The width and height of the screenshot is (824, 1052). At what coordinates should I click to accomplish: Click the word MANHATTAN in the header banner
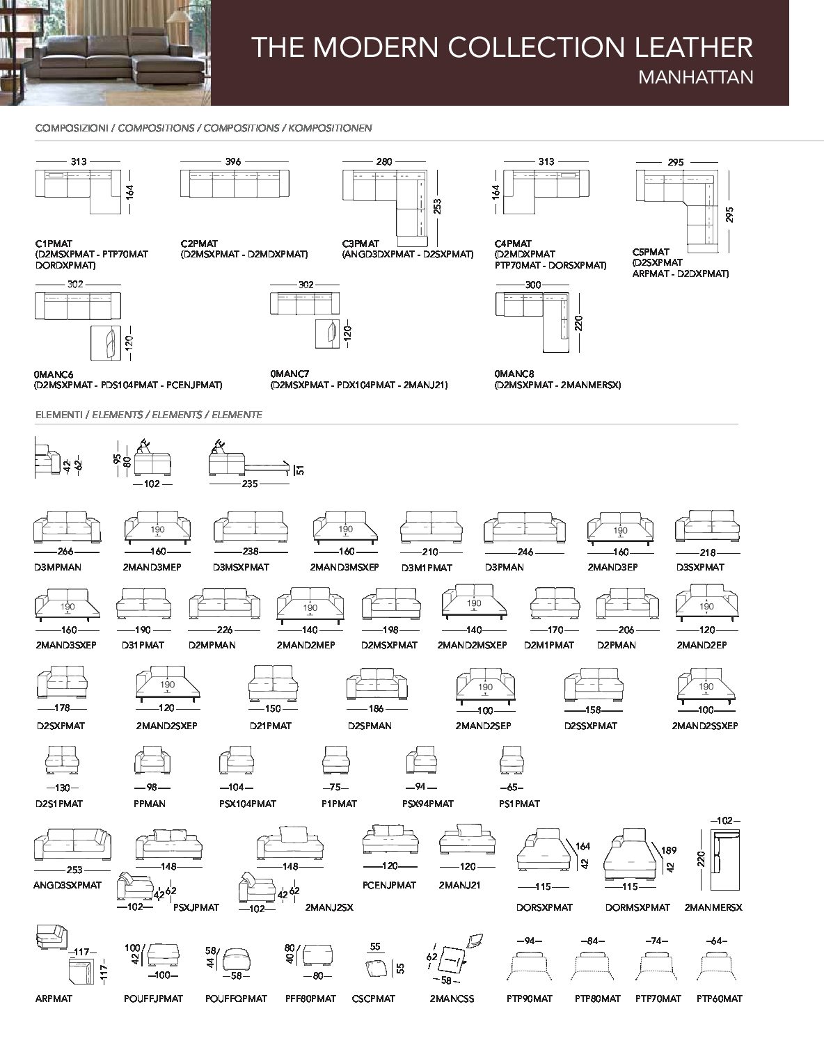(x=696, y=77)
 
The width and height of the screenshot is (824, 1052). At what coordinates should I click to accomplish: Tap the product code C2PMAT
(x=199, y=244)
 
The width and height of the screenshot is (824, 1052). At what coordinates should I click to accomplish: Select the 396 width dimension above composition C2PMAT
(x=233, y=161)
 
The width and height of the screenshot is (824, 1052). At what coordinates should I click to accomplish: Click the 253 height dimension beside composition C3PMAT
(x=437, y=207)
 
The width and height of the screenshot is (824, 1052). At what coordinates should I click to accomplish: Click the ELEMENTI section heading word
(x=59, y=415)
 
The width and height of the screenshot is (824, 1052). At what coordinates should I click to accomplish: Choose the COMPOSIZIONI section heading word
(x=72, y=128)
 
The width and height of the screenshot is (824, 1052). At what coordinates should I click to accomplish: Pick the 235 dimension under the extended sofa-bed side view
(x=250, y=484)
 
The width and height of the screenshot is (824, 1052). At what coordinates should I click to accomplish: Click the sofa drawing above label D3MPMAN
(x=67, y=527)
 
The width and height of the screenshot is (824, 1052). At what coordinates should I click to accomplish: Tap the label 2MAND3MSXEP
(x=344, y=567)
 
